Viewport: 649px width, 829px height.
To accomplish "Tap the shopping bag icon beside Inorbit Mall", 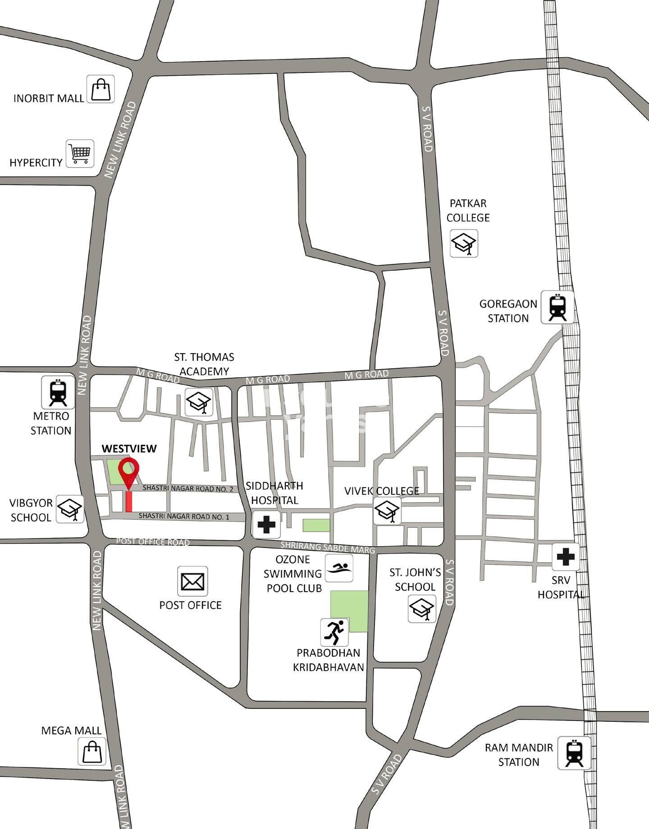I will click(101, 89).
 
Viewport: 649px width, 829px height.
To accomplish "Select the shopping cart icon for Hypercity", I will click(80, 154).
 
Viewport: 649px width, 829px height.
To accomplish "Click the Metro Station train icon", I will click(58, 392).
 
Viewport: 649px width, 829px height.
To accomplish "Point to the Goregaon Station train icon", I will click(558, 308).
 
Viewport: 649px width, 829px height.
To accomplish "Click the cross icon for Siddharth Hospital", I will click(266, 524).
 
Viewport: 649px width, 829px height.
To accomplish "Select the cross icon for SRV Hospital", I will click(566, 557).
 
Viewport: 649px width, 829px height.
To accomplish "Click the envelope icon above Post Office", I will click(192, 581).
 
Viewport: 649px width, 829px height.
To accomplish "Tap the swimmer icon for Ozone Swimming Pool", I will click(339, 568).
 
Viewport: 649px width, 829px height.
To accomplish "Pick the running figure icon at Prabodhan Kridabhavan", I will click(334, 632).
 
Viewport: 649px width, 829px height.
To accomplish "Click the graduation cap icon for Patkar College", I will click(464, 244).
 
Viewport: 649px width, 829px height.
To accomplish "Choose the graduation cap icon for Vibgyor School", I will click(70, 510).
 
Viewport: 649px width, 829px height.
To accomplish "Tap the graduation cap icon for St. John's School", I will click(422, 609).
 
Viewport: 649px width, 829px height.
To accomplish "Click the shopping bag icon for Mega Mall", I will click(92, 751).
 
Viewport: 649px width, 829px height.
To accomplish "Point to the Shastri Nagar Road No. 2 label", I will click(188, 489).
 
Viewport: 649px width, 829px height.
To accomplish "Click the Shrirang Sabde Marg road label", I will click(328, 547).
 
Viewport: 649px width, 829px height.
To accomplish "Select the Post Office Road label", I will click(153, 541).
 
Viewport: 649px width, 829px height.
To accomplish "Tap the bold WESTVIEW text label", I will click(129, 448).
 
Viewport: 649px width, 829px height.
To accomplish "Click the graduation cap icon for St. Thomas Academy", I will click(199, 402).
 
